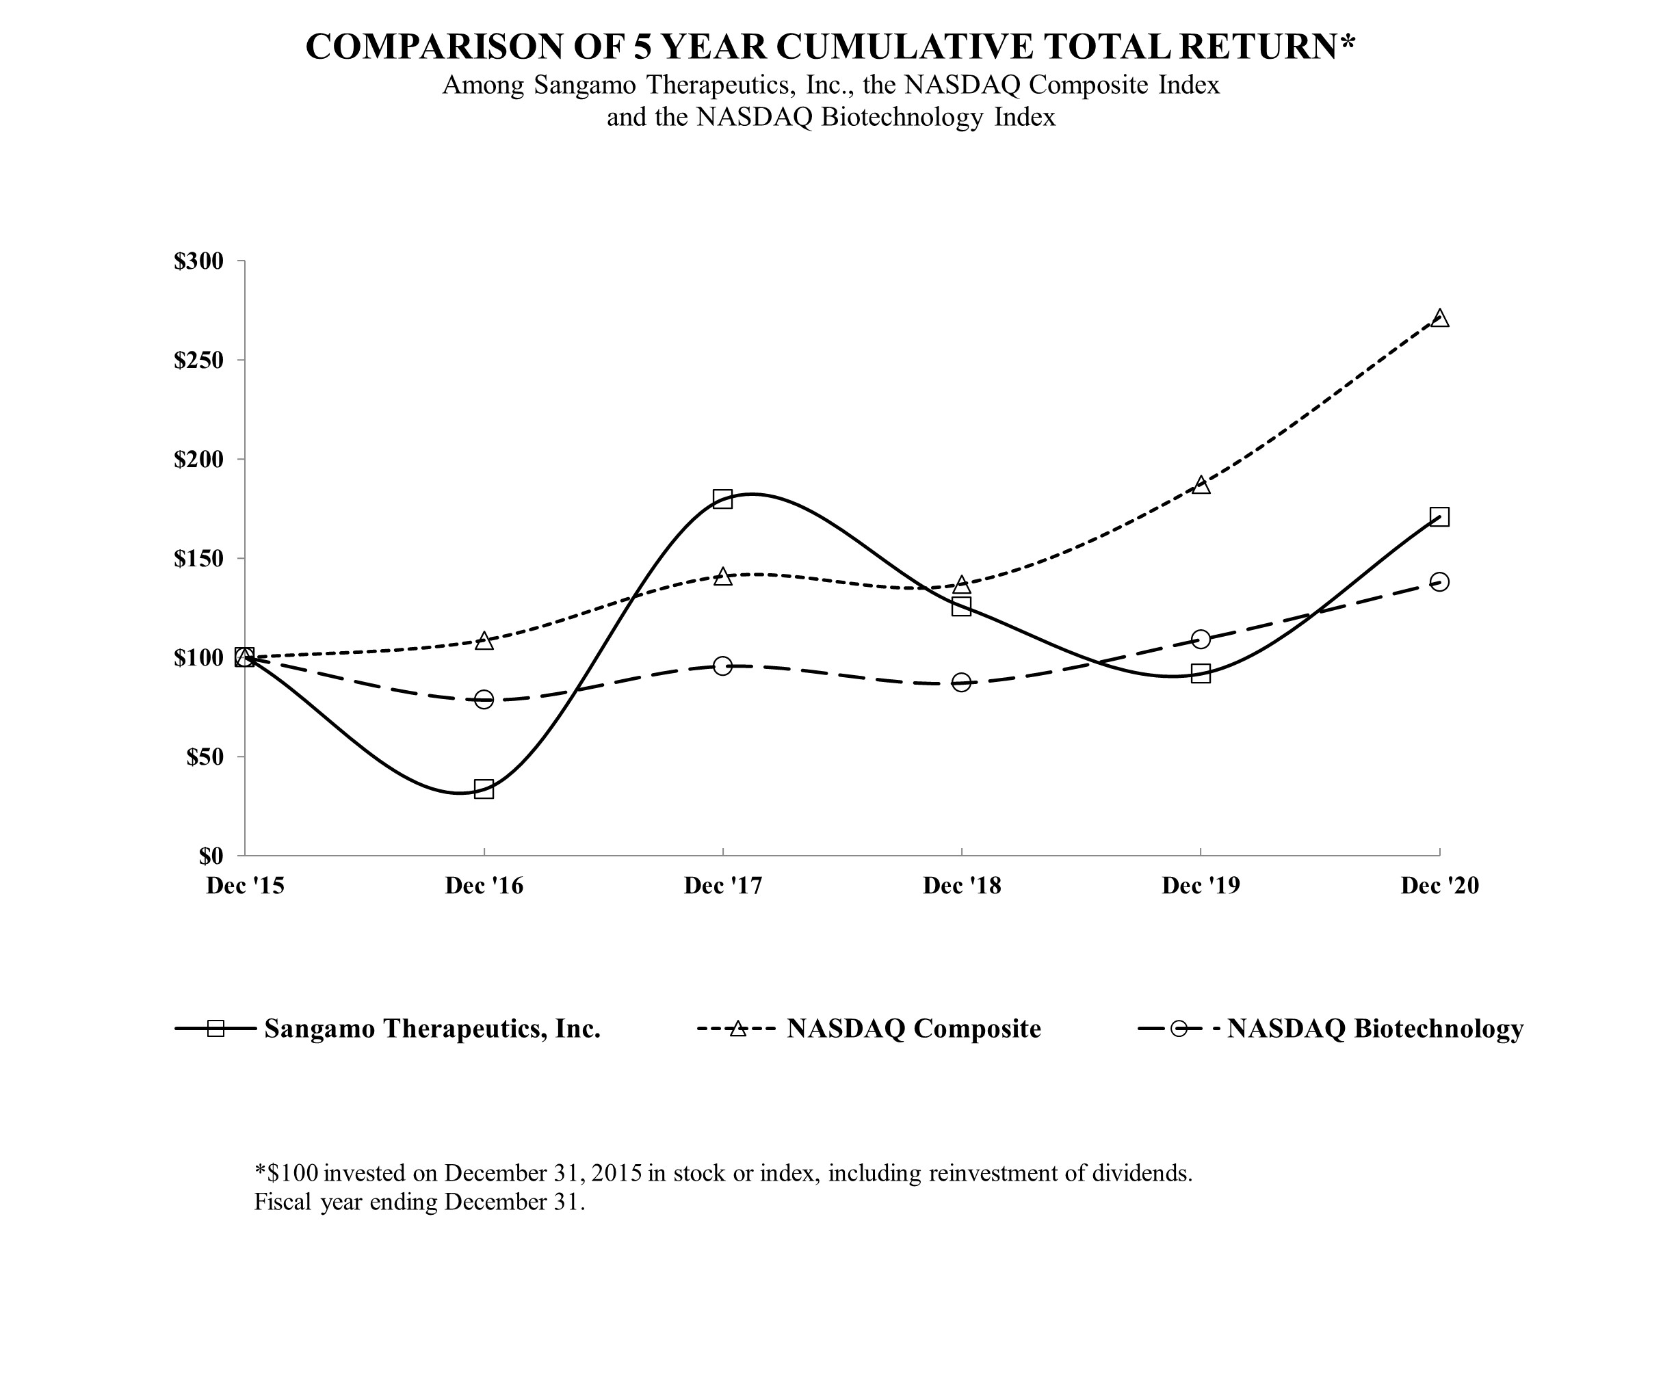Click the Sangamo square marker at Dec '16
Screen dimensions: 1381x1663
pos(484,789)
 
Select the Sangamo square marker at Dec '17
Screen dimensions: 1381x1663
pos(722,499)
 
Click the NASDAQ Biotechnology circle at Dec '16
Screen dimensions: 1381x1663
pos(484,699)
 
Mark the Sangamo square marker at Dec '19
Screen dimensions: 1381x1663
pos(1201,674)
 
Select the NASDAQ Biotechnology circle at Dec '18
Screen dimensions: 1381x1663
pos(961,683)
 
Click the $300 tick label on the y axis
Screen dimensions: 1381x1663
pos(199,261)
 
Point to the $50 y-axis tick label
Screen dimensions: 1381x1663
pos(205,757)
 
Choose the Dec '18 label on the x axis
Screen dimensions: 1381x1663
pos(961,885)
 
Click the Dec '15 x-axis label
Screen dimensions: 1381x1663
pos(245,885)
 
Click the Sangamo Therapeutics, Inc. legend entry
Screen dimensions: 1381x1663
pos(432,1029)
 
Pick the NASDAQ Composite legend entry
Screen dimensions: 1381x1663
pos(913,1029)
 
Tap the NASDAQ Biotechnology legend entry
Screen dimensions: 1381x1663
pos(1375,1029)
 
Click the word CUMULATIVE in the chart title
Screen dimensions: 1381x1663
pos(904,47)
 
